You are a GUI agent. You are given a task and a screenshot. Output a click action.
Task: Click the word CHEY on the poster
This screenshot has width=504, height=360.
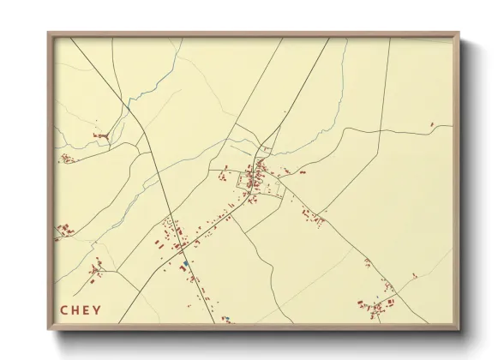(80, 310)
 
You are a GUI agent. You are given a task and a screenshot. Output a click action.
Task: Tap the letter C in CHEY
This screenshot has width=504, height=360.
(64, 310)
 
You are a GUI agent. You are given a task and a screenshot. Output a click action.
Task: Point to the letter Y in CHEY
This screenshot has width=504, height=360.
(96, 310)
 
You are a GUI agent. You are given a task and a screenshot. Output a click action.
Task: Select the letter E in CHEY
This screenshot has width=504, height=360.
(86, 310)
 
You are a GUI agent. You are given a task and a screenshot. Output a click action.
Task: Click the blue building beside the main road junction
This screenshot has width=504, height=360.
(185, 263)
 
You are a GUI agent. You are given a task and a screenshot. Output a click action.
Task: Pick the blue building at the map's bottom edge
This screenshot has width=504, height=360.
(226, 319)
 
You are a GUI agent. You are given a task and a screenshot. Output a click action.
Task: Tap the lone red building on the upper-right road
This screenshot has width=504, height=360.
(433, 125)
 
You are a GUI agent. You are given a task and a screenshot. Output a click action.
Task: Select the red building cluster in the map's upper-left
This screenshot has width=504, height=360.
(101, 136)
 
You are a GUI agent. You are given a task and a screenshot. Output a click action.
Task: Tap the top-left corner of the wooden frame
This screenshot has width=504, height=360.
(49, 33)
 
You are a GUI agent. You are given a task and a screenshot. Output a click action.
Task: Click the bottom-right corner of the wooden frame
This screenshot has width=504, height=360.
(460, 329)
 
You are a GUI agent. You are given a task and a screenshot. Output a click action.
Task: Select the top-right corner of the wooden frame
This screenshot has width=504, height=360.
(460, 33)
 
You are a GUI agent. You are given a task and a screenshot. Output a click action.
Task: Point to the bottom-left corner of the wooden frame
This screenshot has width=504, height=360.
(49, 329)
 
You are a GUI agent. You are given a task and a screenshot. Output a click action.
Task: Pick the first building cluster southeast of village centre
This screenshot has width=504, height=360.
(313, 217)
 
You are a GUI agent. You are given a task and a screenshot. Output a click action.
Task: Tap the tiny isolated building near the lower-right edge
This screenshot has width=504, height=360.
(414, 275)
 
